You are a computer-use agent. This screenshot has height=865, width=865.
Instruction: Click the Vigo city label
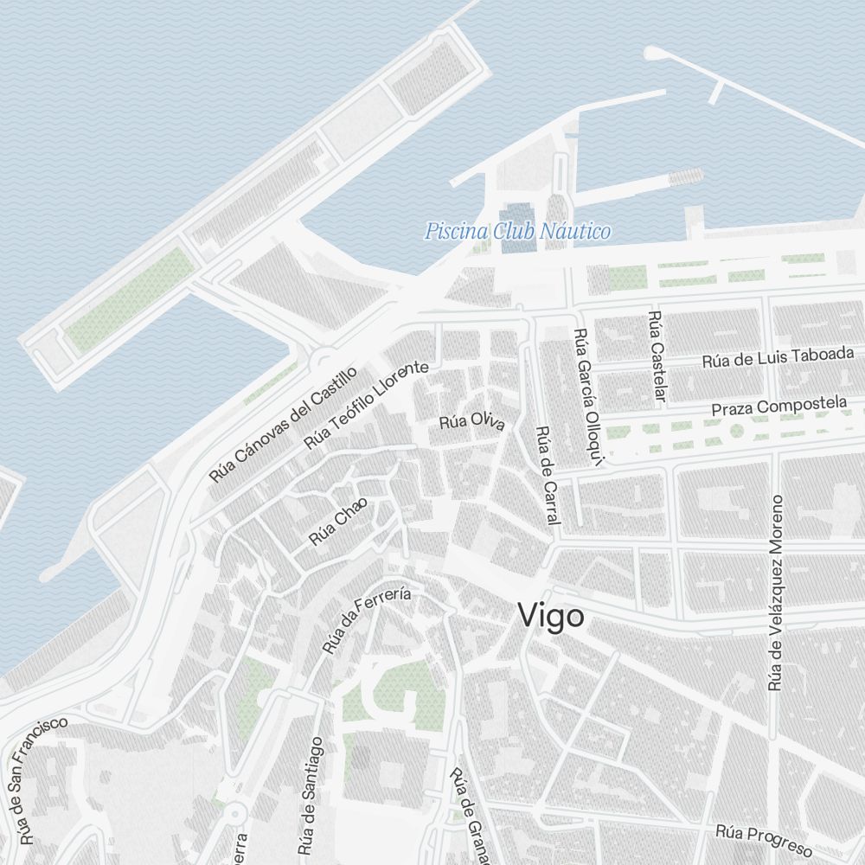(x=550, y=616)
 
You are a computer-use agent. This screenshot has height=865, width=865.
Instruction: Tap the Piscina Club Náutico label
(x=517, y=232)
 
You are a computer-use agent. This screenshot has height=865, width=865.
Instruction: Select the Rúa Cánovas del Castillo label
(x=283, y=424)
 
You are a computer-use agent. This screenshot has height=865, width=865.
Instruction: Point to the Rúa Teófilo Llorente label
(x=366, y=405)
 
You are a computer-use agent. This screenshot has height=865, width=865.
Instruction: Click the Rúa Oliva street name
(x=471, y=421)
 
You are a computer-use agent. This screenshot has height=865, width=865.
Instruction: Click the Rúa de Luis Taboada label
(x=778, y=357)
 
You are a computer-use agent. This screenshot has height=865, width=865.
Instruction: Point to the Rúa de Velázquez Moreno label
(x=776, y=593)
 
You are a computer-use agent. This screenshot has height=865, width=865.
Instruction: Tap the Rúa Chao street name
(x=338, y=522)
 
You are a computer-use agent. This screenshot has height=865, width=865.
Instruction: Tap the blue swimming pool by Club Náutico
(x=518, y=228)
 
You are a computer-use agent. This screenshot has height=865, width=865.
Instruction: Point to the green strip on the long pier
(x=130, y=298)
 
